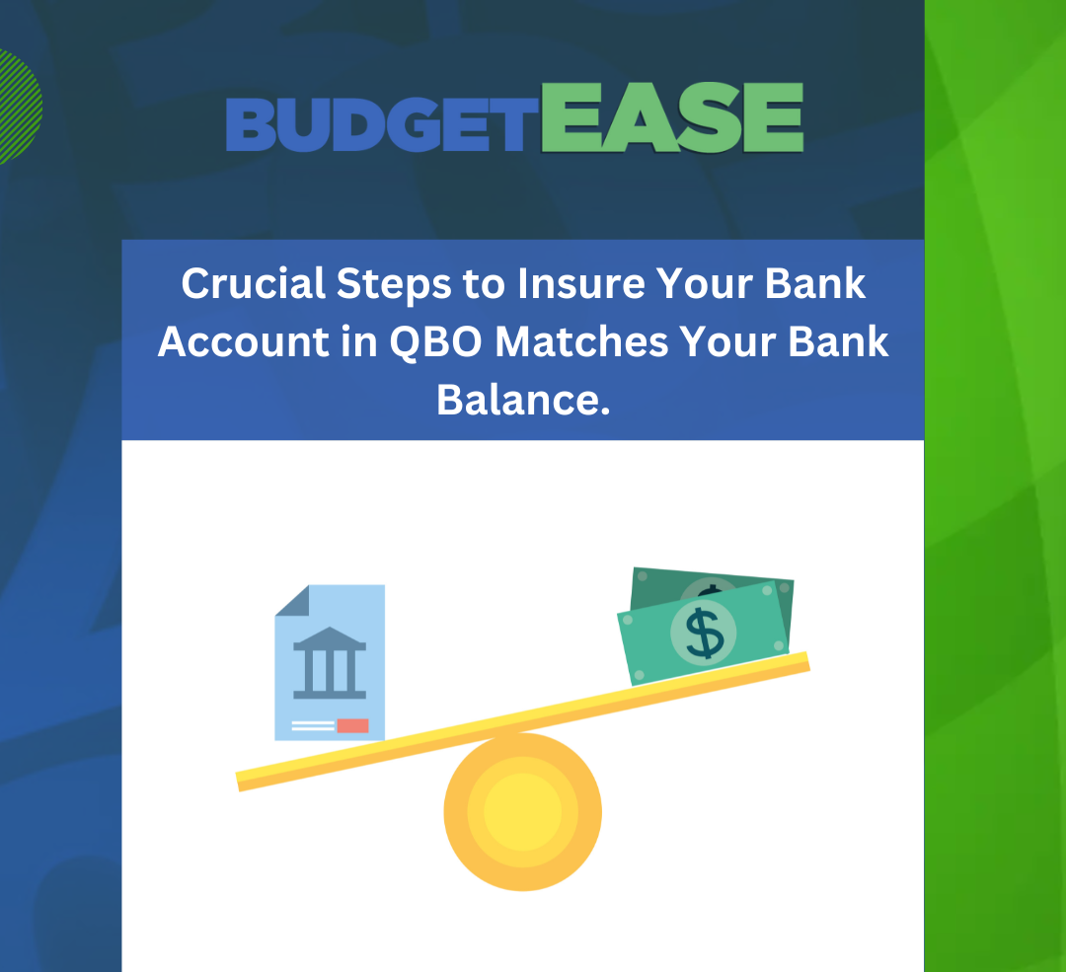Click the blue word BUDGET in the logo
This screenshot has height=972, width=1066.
click(x=378, y=124)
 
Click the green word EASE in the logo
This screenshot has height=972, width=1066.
click(x=672, y=116)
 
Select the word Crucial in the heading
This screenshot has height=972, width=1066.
click(x=253, y=283)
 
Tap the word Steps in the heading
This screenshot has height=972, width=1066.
click(x=394, y=285)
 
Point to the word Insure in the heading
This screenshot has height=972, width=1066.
click(x=581, y=283)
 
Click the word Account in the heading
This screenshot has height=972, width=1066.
click(x=244, y=341)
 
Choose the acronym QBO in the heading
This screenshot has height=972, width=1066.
click(x=436, y=341)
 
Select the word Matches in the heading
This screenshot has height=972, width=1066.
click(x=582, y=341)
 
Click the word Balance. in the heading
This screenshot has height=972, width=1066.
click(x=523, y=400)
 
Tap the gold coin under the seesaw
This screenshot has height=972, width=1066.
click(x=523, y=811)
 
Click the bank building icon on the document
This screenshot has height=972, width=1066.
click(x=330, y=663)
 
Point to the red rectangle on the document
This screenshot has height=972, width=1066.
click(x=352, y=726)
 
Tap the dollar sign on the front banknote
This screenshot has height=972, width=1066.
click(x=705, y=633)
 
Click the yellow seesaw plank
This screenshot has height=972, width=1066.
click(x=523, y=722)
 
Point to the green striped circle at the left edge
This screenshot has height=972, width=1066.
click(x=19, y=107)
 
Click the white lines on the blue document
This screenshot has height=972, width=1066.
click(x=313, y=726)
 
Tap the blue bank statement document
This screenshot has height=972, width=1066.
click(x=330, y=663)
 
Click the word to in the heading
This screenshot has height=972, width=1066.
click(x=484, y=284)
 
